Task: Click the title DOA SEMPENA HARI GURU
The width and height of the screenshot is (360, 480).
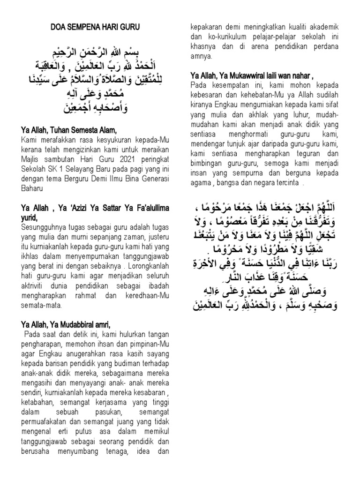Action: tap(95, 28)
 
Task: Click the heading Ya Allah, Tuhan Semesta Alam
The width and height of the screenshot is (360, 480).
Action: tap(68, 130)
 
